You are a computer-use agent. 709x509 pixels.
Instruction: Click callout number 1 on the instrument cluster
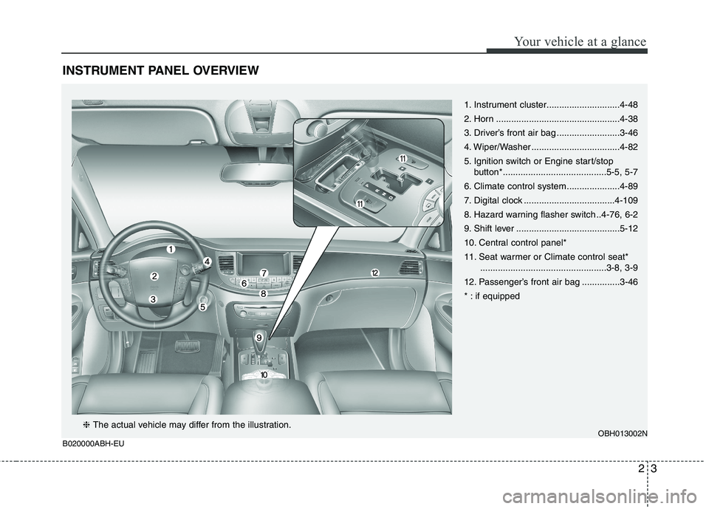(x=169, y=250)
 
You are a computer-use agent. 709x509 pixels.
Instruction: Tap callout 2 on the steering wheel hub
(x=154, y=276)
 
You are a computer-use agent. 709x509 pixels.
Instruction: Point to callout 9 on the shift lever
(x=259, y=337)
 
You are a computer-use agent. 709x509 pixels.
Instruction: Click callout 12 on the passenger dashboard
(x=374, y=273)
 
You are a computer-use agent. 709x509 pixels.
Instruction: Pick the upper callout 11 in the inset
(x=403, y=159)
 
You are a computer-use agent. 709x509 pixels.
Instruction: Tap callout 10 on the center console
(x=264, y=376)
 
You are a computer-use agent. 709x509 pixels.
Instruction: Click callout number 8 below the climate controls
(x=262, y=293)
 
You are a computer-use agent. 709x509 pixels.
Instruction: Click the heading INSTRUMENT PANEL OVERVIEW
(x=160, y=71)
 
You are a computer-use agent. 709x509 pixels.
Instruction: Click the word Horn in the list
(x=484, y=119)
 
